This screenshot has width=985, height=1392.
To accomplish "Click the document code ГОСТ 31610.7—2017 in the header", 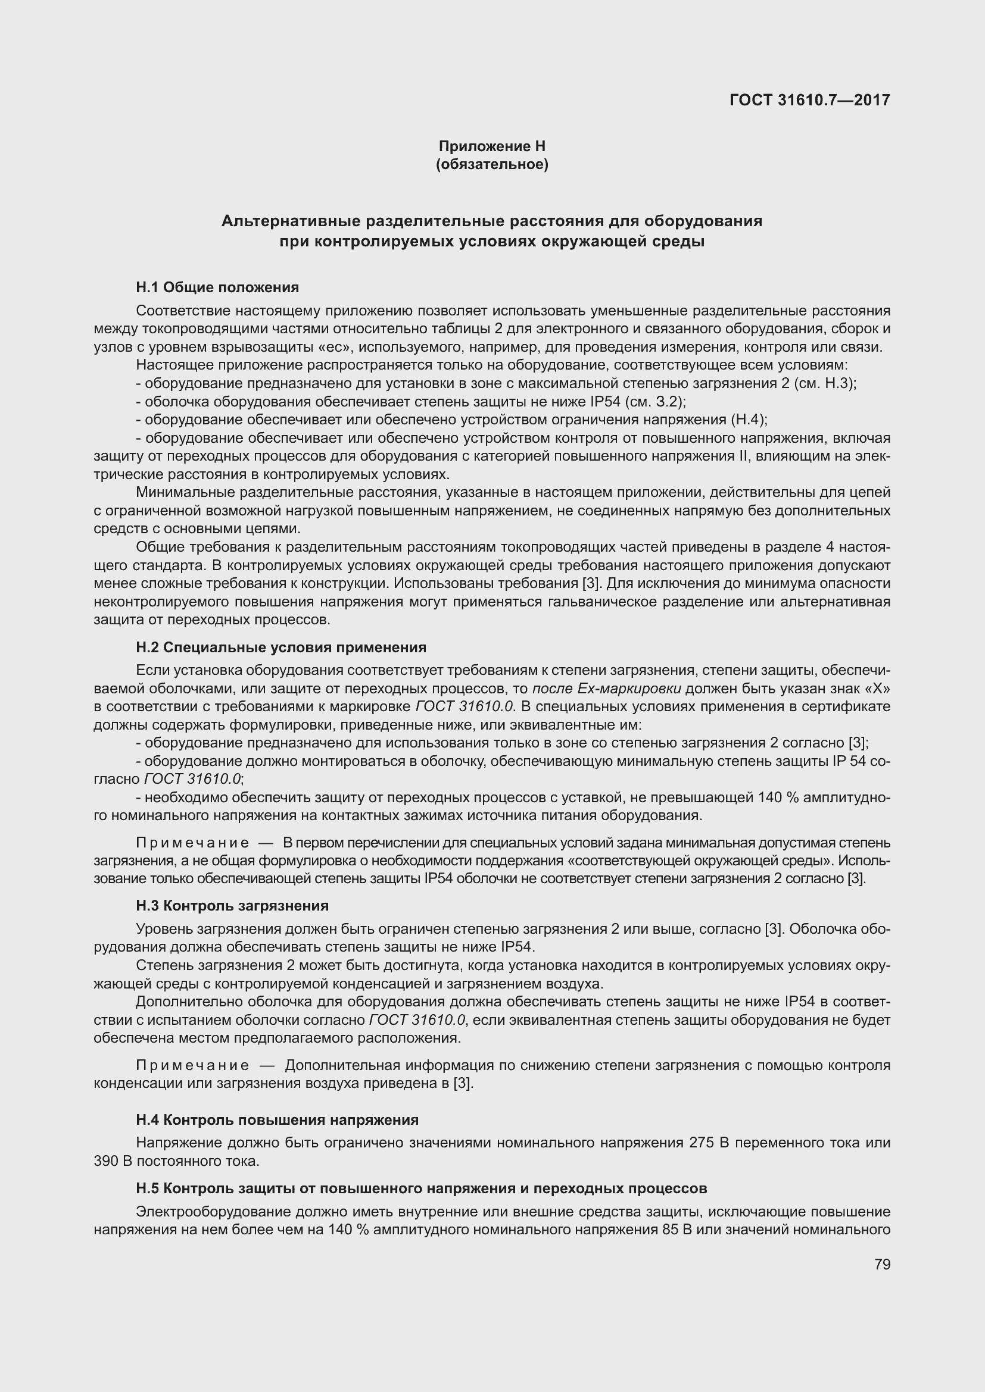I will tap(810, 100).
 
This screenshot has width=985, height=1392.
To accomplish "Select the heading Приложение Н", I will tap(492, 146).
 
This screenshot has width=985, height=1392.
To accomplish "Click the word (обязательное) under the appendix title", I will tap(492, 164).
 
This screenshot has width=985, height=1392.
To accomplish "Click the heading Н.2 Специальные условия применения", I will tap(281, 647).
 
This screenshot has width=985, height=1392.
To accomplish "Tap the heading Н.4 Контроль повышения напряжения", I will tap(277, 1120).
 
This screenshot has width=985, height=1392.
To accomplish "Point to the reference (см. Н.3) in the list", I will tap(824, 383).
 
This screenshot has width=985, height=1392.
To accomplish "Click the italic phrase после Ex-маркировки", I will tap(606, 689).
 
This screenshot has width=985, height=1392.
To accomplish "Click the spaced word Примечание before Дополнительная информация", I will tap(192, 1065).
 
